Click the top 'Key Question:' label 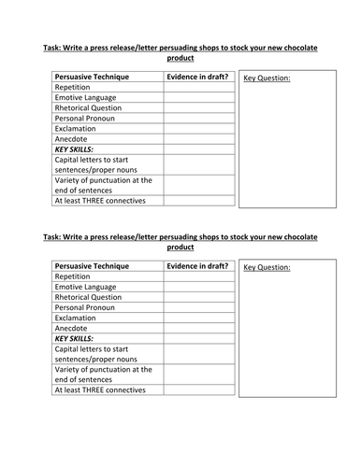[x=267, y=78]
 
